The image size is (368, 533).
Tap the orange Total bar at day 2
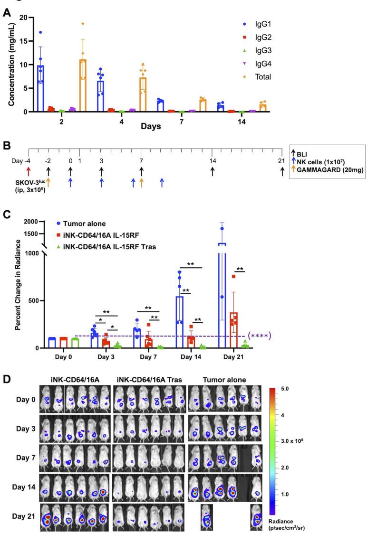pos(83,85)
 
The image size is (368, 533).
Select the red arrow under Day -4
pos(29,170)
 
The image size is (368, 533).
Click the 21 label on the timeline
pos(283,161)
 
